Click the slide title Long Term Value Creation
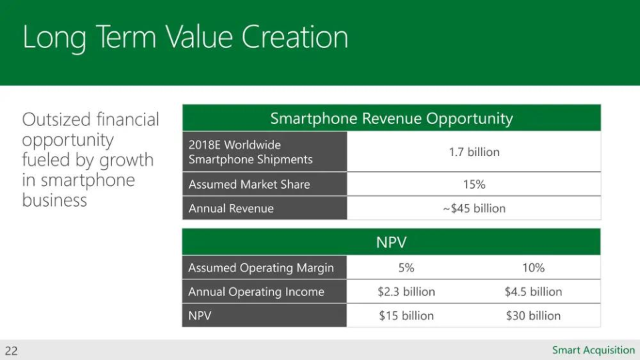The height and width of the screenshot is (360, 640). pos(185,37)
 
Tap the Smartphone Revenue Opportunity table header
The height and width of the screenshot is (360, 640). pos(391,119)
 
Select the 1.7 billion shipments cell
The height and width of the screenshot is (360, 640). pos(474,152)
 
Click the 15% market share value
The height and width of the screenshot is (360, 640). pos(474,184)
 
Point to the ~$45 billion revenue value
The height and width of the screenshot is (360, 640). pos(474,208)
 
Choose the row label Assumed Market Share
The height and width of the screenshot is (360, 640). pos(249,184)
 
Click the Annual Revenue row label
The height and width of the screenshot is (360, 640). pos(231,208)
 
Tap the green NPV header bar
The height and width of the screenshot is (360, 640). pos(391,243)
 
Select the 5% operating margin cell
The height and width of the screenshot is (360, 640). pos(406,267)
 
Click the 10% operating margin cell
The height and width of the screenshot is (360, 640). pos(533,267)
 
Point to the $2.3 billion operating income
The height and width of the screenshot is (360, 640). pos(406,291)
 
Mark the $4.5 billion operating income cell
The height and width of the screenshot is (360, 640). pos(533,291)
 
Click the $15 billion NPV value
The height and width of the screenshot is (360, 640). pos(406,315)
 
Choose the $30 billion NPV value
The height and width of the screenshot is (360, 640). pos(533,315)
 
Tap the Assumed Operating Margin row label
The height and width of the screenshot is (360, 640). pos(261,267)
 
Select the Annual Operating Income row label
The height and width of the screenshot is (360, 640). pos(256,291)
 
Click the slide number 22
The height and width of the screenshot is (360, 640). pos(11,350)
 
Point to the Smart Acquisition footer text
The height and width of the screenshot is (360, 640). pos(593,350)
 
